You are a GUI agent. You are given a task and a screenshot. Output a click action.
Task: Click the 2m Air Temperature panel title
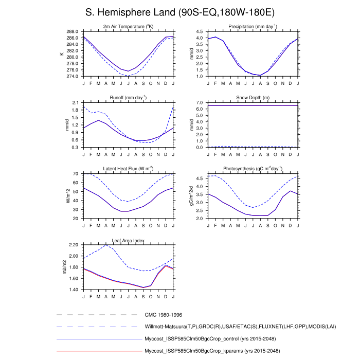[128, 26]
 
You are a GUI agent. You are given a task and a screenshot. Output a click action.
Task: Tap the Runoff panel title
[128, 97]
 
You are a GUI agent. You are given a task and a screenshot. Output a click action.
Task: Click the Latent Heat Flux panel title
[128, 169]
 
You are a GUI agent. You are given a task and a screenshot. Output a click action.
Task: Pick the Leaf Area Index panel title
[128, 240]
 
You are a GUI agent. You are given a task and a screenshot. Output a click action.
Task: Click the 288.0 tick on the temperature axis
[73, 31]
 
